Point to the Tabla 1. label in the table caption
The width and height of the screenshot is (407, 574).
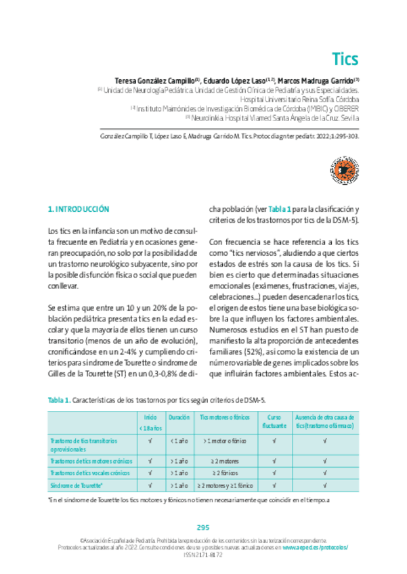click(x=59, y=400)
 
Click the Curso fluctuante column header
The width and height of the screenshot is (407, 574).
click(x=274, y=422)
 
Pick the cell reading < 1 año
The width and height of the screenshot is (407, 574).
click(x=179, y=441)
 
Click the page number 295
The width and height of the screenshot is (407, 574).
click(x=203, y=527)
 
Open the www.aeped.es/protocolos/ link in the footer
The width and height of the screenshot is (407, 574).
click(x=316, y=546)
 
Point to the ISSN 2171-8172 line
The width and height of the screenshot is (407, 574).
click(x=203, y=554)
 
